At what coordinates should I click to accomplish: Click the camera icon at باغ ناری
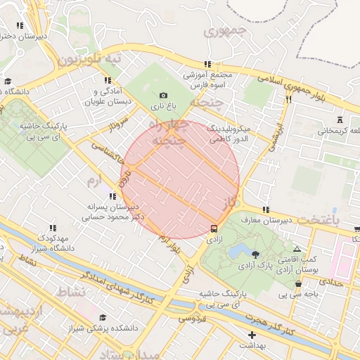point(164,95)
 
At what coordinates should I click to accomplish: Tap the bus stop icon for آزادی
point(214,229)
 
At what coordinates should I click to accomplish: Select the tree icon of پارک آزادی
point(255,255)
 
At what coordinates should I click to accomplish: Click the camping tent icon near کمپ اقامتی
point(296,250)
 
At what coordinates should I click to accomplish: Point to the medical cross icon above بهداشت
point(252,335)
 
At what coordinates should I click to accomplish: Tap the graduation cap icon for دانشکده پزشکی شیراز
point(104,318)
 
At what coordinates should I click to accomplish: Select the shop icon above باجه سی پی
point(299,284)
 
